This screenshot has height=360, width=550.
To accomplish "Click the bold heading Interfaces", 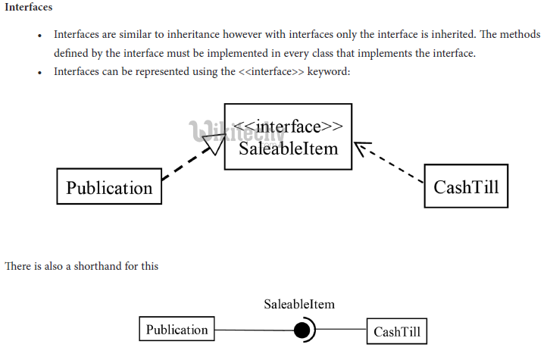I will [x=28, y=7].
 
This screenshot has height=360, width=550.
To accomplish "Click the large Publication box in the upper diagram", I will [x=109, y=186].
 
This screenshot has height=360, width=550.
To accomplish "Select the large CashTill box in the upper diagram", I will [x=466, y=186].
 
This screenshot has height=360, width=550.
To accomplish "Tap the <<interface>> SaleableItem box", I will [x=288, y=136].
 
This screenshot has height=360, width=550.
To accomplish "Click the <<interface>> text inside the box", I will [x=288, y=126].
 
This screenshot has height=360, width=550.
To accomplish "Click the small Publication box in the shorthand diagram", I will [x=177, y=330].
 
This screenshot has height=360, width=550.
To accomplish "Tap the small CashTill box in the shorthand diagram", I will [x=397, y=331].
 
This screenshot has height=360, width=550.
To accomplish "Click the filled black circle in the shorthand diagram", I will [x=302, y=330].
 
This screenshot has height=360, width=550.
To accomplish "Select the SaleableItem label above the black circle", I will [x=299, y=305].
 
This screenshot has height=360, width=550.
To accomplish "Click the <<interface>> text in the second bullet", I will [x=265, y=72].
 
